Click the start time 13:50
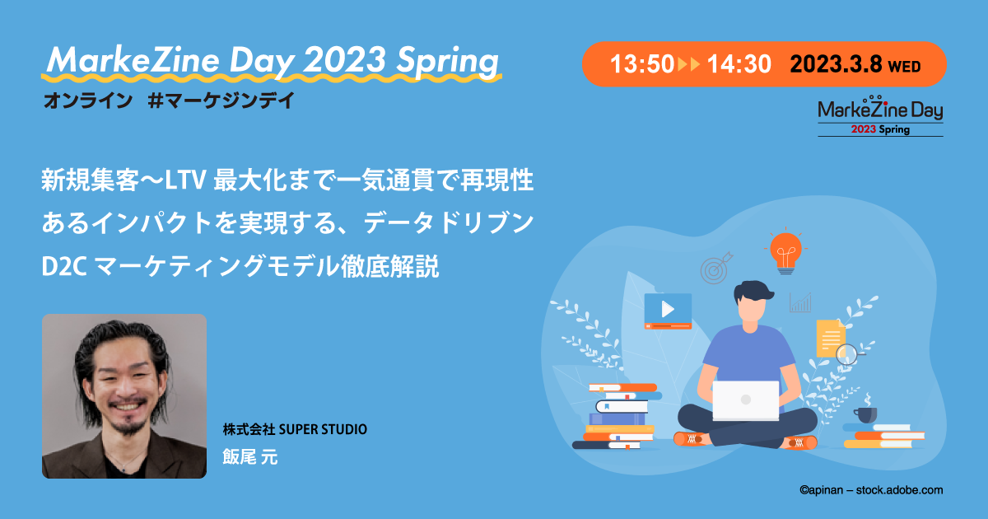tap(641, 64)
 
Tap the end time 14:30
tap(739, 64)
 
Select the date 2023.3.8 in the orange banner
tap(836, 64)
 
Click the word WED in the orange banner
tap(904, 67)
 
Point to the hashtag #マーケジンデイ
tap(221, 101)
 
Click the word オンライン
tap(88, 101)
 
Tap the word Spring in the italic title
tap(447, 61)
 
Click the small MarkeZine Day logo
tap(880, 115)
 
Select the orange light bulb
tap(785, 252)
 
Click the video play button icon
tap(668, 311)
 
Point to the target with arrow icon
tap(715, 268)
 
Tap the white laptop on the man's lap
tap(745, 400)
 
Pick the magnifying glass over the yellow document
tap(849, 354)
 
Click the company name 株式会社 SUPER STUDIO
tap(295, 429)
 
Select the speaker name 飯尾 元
tap(250, 456)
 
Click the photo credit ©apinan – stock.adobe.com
tap(871, 490)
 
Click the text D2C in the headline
tap(64, 267)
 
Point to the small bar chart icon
tap(800, 303)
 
